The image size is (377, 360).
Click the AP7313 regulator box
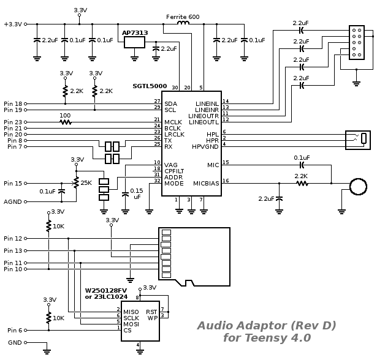coord(134,42)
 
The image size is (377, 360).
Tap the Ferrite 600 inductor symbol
coord(183,23)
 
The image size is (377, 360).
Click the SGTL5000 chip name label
coord(150,86)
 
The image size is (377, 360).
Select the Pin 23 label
coord(13,122)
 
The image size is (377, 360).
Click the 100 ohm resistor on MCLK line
coord(66,122)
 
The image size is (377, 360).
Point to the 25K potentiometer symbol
coord(76,183)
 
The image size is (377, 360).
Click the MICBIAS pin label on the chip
coord(206,184)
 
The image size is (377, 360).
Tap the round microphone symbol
coord(358,186)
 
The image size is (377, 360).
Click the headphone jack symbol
coord(358,140)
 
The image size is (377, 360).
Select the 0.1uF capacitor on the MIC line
coord(302,165)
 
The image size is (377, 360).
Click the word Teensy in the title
coord(266,338)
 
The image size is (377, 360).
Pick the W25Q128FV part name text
coord(106,290)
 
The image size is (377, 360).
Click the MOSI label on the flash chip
coord(131,324)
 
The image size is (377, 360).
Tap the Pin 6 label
coord(15,330)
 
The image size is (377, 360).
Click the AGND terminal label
coord(13,201)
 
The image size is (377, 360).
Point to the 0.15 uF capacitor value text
coord(137,194)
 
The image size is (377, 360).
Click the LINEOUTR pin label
coord(204,116)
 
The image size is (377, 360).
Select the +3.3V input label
coord(13,24)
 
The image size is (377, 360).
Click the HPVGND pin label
coord(205,147)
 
